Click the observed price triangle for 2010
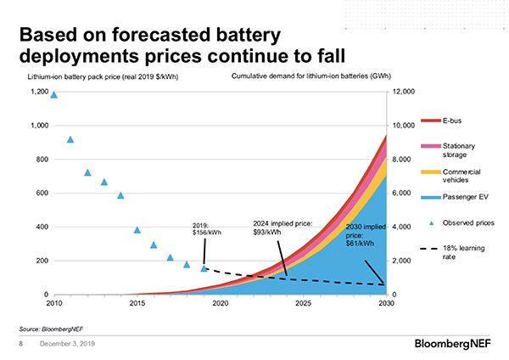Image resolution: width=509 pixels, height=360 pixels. pos(54,94)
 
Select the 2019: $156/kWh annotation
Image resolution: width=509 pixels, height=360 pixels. pos(207,228)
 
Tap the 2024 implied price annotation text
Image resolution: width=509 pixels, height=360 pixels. pos(283,228)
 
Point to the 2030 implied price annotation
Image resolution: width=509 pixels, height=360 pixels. pos(366,234)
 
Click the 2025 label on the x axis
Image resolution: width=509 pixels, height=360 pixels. pos(303,302)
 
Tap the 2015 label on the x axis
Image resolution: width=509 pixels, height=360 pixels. pos(137,302)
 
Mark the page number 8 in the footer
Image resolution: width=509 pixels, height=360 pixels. pos(21,345)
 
